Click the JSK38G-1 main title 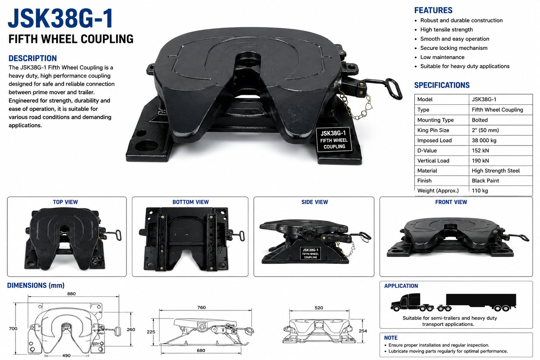point(60,18)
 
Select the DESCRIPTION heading point(33,58)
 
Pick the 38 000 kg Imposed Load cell point(484,140)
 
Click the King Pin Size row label point(433,130)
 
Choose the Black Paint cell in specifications point(485,181)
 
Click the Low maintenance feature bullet point(442,57)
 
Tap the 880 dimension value point(71,294)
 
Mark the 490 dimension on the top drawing point(66,355)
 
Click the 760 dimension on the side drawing point(201,307)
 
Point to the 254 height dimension point(363,331)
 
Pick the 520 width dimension point(319,308)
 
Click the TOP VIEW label point(65,202)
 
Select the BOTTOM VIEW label point(191,202)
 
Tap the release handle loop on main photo point(393,89)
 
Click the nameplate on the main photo point(334,140)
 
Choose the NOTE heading point(391,338)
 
